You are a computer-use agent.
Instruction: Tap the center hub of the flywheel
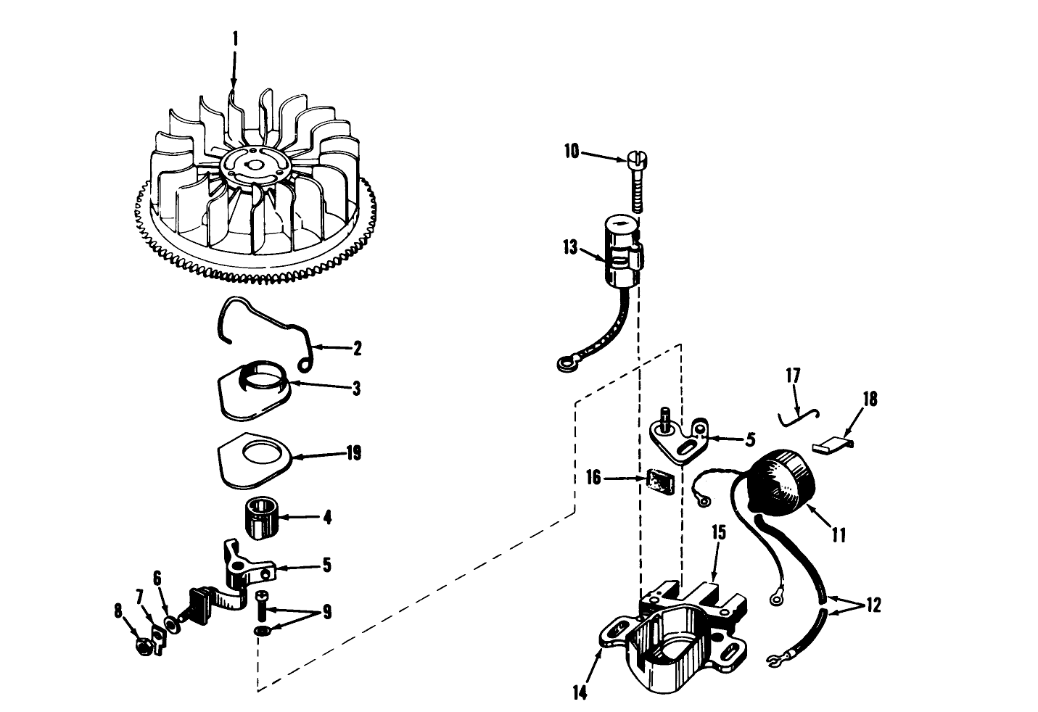251,164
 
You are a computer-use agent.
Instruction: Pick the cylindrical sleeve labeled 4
261,519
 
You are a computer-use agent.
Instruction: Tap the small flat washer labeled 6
172,624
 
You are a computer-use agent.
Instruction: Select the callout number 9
327,613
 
